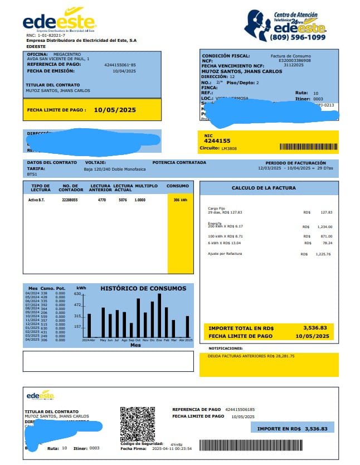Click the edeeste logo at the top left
tap(59, 21)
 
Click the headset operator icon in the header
tap(257, 25)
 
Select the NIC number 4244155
tap(217, 141)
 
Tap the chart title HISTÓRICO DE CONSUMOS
tap(143, 288)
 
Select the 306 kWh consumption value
tap(180, 200)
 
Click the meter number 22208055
tap(70, 200)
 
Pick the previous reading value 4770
tap(102, 200)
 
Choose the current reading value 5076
tap(123, 200)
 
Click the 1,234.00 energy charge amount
tap(324, 227)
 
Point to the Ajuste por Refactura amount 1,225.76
tap(323, 254)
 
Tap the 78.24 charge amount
tap(326, 243)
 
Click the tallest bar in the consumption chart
tap(159, 315)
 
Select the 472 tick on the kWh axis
tap(77, 305)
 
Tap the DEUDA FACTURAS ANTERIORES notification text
tap(251, 355)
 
